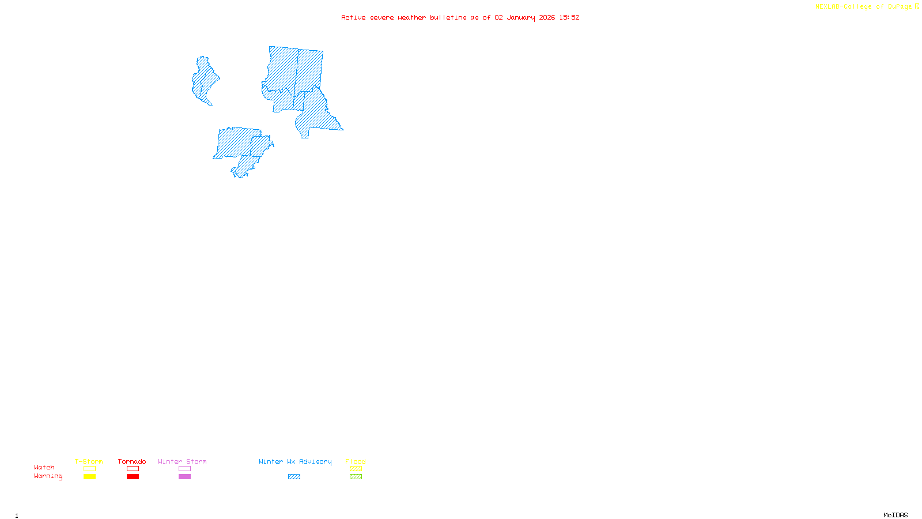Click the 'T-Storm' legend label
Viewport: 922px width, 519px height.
pyautogui.click(x=89, y=461)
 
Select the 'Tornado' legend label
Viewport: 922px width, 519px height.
pyautogui.click(x=132, y=461)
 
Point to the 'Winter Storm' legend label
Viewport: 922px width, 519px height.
pyautogui.click(x=182, y=461)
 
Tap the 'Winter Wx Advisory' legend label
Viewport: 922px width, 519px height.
pyautogui.click(x=295, y=461)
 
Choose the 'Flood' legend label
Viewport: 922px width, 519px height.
pyautogui.click(x=356, y=461)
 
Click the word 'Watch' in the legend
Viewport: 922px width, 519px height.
pyautogui.click(x=44, y=467)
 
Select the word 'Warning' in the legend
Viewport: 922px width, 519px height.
pyautogui.click(x=48, y=476)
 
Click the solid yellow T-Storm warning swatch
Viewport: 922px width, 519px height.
pyautogui.click(x=89, y=477)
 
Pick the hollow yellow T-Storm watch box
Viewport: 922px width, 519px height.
pyautogui.click(x=89, y=469)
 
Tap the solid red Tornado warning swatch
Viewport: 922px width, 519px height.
pyautogui.click(x=133, y=477)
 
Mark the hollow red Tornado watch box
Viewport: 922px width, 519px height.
pyautogui.click(x=133, y=469)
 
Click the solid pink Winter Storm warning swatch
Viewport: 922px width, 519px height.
pyautogui.click(x=185, y=477)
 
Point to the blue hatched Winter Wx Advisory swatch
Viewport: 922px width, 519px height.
pyautogui.click(x=294, y=477)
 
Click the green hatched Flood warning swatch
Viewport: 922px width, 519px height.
pyautogui.click(x=356, y=477)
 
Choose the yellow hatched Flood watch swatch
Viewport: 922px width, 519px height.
pyautogui.click(x=356, y=469)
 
